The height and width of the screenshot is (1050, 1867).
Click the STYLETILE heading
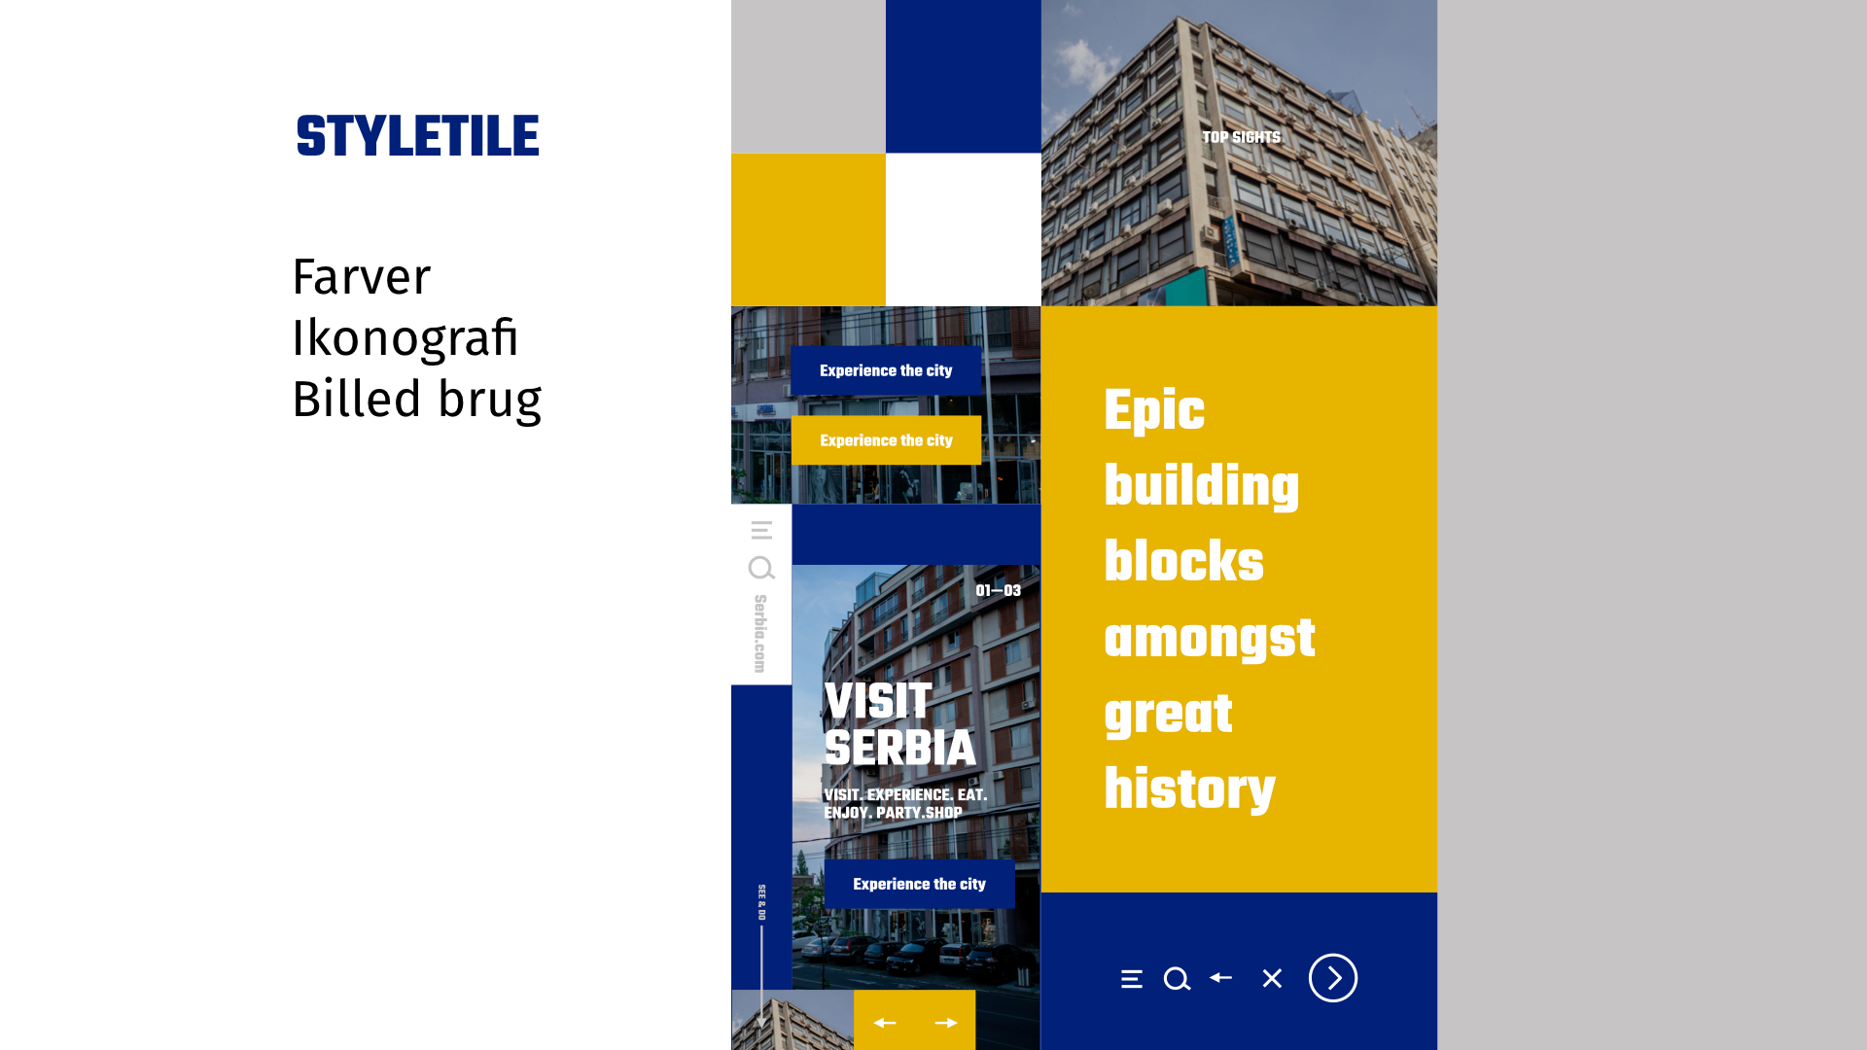click(418, 136)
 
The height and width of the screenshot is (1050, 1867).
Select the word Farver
click(361, 277)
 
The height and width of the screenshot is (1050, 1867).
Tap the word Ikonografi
click(405, 338)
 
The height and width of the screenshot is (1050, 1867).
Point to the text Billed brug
click(416, 400)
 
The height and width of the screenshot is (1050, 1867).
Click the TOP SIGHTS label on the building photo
click(1241, 138)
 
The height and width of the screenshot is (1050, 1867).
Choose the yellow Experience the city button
click(886, 440)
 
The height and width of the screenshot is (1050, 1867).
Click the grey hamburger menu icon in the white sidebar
click(761, 530)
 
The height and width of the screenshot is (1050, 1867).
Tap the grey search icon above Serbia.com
click(761, 568)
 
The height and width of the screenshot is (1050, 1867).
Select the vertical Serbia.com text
click(760, 634)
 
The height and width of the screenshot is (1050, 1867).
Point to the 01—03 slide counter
click(999, 591)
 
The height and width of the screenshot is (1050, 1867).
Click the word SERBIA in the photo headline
click(899, 749)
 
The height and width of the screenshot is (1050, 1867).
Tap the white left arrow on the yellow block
click(885, 1023)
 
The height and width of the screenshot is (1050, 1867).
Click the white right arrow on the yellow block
click(946, 1023)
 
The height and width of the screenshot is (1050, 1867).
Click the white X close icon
click(1272, 979)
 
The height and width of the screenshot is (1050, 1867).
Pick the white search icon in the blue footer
click(1178, 979)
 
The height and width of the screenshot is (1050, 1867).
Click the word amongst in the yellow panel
click(1210, 640)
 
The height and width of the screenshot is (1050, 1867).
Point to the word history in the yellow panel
click(1189, 789)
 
